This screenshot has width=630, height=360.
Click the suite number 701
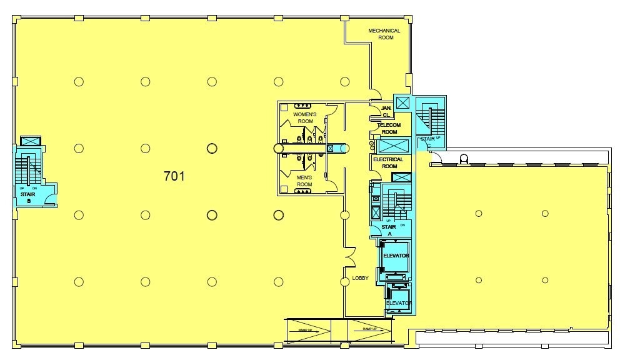click(x=174, y=176)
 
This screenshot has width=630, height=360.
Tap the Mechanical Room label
click(x=384, y=34)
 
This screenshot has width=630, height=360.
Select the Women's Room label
click(x=305, y=118)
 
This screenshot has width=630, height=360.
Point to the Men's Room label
click(x=304, y=181)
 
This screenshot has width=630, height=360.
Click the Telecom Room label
click(x=389, y=128)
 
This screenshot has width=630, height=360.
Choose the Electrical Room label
click(x=388, y=162)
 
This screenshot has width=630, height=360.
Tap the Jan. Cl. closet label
click(x=386, y=112)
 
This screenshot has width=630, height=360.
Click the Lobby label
click(x=361, y=278)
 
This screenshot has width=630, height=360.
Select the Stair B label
click(x=28, y=197)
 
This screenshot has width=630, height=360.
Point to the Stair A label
click(x=389, y=230)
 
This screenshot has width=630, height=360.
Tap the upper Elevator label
click(x=396, y=256)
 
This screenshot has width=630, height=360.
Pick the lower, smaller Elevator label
click(x=399, y=303)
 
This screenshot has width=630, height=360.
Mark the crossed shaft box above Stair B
click(x=30, y=141)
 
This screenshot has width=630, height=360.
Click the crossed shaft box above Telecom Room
click(x=401, y=102)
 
